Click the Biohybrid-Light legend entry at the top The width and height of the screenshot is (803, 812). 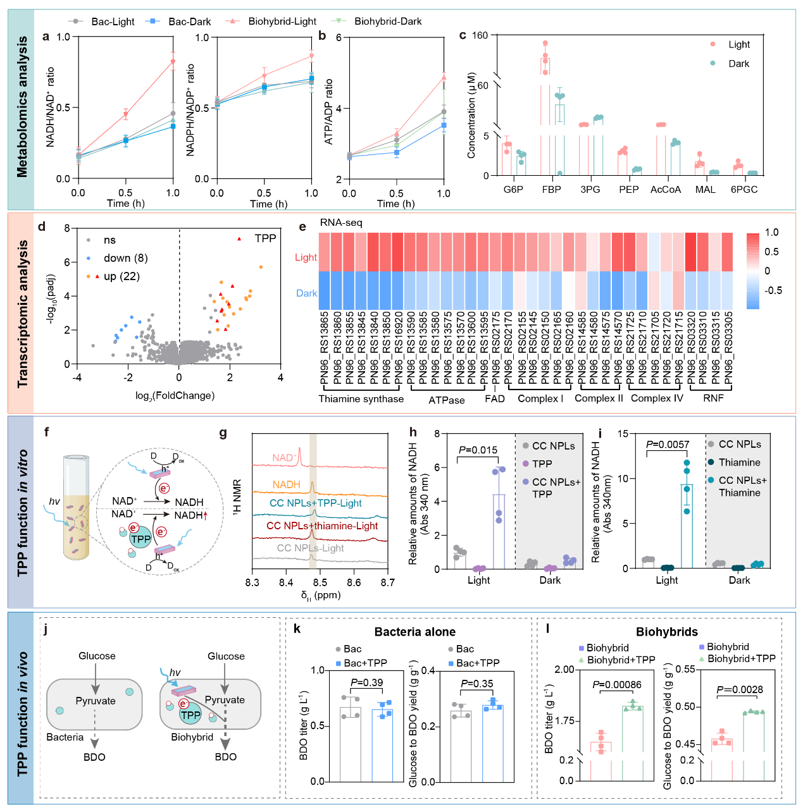(282, 22)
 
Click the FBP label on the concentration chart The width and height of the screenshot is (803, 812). (551, 189)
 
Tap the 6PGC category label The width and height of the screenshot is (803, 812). (744, 189)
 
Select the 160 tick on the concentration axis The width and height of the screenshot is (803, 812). (480, 35)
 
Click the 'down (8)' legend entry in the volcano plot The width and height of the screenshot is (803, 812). (125, 258)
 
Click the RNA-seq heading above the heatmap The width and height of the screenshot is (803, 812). (341, 222)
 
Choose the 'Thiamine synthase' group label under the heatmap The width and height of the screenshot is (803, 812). (361, 398)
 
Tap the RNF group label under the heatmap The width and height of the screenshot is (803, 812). (713, 398)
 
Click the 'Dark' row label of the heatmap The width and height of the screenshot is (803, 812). (307, 293)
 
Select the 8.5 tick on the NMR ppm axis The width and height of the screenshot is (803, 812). (320, 582)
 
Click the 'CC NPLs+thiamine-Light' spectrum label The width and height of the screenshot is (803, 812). (322, 526)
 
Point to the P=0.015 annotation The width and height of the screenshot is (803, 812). (478, 450)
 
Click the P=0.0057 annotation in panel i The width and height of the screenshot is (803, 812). (668, 445)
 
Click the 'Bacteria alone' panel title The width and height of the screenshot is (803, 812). (415, 632)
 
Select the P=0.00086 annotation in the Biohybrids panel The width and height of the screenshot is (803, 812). (617, 684)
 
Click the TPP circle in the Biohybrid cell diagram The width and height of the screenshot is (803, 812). (190, 715)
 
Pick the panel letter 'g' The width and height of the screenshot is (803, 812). (223, 433)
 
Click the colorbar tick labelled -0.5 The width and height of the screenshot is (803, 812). (773, 290)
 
